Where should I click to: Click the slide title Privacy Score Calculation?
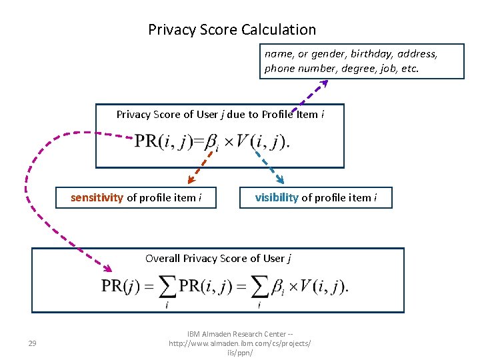pos(232,29)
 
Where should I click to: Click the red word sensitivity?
pos(97,197)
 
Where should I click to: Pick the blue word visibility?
pos(277,197)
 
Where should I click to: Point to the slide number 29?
pos(32,343)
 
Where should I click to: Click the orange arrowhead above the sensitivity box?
pos(190,179)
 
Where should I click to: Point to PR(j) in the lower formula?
pos(120,286)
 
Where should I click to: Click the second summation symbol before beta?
pos(259,287)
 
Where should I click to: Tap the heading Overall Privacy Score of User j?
pos(219,259)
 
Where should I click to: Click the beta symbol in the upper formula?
pos(211,143)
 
